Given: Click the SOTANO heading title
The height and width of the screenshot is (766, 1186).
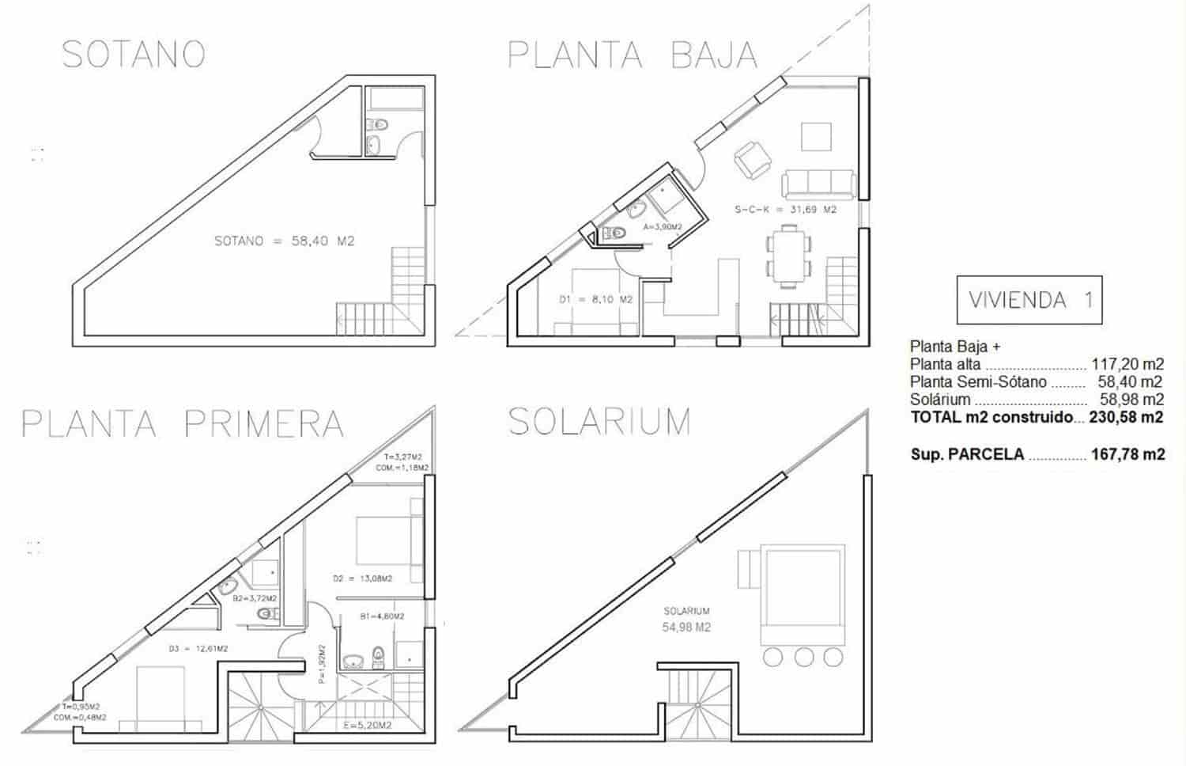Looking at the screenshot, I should [134, 55].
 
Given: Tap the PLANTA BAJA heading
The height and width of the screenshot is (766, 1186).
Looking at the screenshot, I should [632, 55].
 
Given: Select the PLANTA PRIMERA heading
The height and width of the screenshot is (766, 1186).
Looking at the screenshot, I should [183, 424].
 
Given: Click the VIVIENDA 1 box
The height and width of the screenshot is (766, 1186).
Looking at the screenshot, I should [1029, 300].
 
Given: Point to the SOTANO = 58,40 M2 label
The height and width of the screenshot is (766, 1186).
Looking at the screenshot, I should [285, 241].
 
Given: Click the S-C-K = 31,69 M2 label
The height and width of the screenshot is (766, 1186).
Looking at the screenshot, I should [785, 210].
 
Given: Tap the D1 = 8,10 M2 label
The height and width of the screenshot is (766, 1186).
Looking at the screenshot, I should [595, 300].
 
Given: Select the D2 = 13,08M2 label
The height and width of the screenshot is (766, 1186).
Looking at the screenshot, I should [362, 578].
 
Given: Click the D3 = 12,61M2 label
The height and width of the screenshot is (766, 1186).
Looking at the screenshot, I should [198, 649].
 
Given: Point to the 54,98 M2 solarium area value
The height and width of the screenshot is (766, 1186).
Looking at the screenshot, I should [686, 628].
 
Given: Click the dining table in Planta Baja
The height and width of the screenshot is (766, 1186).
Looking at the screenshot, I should [788, 254].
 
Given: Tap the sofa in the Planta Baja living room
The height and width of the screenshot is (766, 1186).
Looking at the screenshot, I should [818, 184].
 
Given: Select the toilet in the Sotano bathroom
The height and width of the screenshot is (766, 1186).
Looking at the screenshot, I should [378, 124].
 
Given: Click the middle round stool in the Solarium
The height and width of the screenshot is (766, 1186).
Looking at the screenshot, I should [804, 657].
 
